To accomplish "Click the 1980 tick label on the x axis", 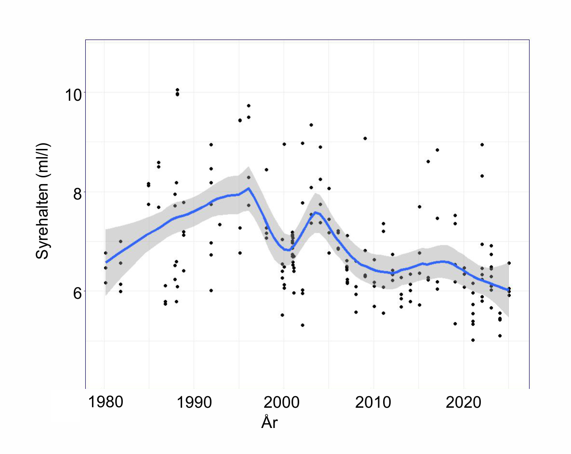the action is (106, 402).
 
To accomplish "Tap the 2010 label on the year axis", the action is (373, 402).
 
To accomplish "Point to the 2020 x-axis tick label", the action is (463, 402).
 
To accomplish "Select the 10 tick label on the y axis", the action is (73, 95).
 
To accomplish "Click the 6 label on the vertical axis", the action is (77, 294).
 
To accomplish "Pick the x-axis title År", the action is (269, 422).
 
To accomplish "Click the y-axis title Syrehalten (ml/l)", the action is (42, 201).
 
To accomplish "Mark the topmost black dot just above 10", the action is (177, 90).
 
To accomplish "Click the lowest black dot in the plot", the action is (473, 340).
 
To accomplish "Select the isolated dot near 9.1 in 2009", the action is (365, 138).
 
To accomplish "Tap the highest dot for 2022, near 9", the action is (482, 145).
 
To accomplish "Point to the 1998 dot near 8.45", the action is (266, 170).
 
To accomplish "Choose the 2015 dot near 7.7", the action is (419, 207).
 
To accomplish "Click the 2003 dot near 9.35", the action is (311, 125).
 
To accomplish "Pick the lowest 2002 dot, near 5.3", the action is (302, 325).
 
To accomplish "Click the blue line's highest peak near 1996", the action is (248, 188).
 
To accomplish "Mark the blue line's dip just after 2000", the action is (288, 250).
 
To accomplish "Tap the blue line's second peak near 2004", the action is (315, 212).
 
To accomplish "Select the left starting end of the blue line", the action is (106, 262).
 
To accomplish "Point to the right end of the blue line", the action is (508, 290).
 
